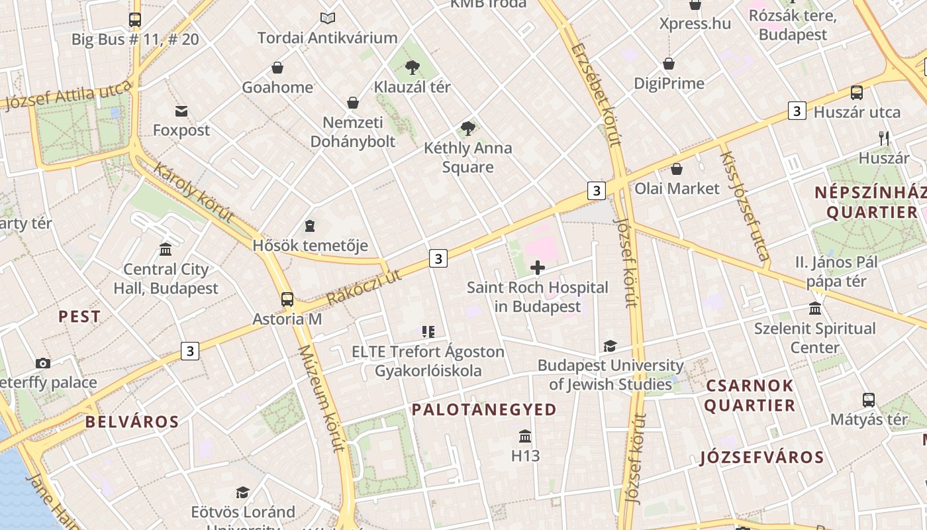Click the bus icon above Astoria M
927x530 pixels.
click(287, 299)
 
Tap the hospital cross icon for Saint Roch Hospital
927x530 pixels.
click(538, 268)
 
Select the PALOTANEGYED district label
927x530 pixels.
click(484, 409)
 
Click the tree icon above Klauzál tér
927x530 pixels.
click(413, 67)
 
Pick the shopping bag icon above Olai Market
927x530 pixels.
click(677, 169)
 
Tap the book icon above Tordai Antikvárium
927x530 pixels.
click(327, 18)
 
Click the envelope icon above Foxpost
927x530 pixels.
click(181, 111)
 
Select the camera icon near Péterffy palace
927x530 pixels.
click(43, 363)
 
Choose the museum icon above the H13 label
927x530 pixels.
click(525, 436)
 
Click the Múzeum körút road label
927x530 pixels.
click(321, 397)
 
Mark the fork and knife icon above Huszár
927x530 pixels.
click(883, 138)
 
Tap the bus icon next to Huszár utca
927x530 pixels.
click(856, 93)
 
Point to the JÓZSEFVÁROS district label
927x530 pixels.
click(761, 457)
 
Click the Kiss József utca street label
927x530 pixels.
click(744, 205)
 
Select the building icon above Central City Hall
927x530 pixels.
click(166, 250)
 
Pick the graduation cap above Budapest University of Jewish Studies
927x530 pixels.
click(609, 346)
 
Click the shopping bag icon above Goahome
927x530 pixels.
click(277, 68)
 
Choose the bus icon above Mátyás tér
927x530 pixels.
click(868, 400)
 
